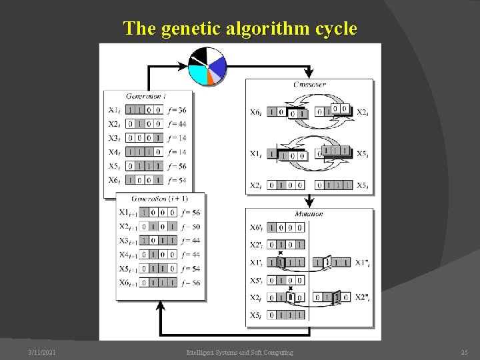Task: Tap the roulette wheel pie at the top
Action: coord(208,66)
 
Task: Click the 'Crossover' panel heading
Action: coord(309,85)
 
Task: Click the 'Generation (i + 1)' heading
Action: coord(159,199)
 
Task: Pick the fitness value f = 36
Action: coord(177,110)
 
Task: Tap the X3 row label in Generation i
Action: coord(114,138)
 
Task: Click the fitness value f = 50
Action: coord(191,227)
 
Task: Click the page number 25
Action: coord(464,352)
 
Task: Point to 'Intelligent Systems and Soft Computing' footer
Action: coord(239,352)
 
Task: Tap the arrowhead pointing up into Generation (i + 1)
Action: coord(160,305)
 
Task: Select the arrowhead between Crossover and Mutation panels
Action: coord(309,202)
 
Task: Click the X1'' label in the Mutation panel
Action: coord(363,263)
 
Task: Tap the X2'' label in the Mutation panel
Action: coord(363,297)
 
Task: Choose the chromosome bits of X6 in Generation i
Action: coord(144,180)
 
